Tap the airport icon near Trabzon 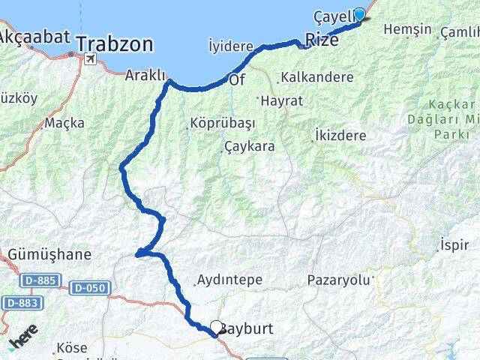[91, 59]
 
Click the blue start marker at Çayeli [359, 14]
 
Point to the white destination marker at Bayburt [217, 327]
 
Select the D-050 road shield [91, 287]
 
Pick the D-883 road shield [20, 302]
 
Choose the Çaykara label [249, 146]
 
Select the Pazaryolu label [339, 280]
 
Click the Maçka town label [64, 122]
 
